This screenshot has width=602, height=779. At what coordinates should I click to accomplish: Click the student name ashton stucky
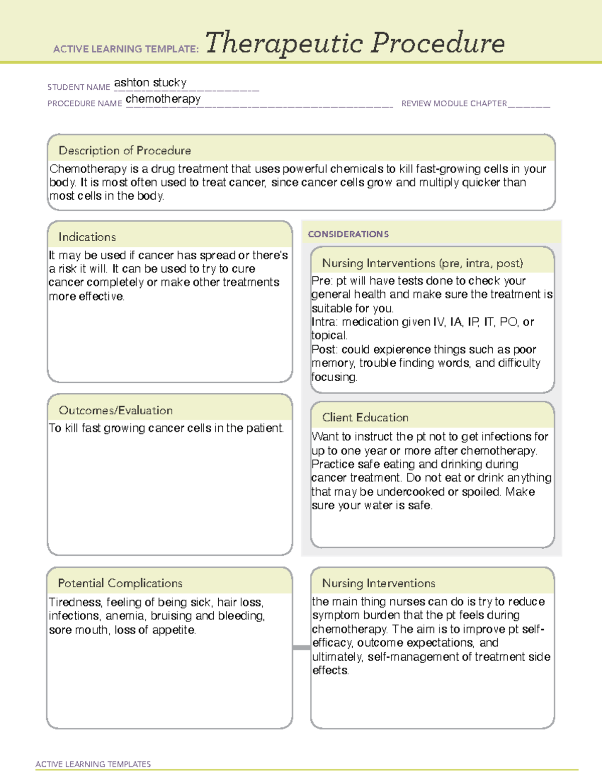click(150, 83)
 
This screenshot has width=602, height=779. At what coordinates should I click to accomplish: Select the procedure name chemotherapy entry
click(163, 99)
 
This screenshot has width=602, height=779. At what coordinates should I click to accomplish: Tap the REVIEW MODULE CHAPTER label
click(454, 104)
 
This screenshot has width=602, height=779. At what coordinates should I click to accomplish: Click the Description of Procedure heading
click(124, 150)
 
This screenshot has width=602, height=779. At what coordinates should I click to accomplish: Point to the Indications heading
click(87, 237)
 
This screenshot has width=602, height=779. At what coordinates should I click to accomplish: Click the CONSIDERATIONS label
click(348, 234)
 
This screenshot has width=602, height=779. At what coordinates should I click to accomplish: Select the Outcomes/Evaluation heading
click(115, 410)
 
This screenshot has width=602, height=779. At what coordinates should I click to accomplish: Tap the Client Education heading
click(365, 417)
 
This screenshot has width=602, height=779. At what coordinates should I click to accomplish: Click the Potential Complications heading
click(120, 583)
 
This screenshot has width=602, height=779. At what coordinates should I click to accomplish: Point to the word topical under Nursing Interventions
click(329, 336)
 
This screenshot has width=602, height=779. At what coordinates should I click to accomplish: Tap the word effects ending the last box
click(330, 671)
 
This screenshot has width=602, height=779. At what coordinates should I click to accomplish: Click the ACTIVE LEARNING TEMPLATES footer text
click(93, 764)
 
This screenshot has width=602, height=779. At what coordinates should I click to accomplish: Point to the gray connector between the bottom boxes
click(301, 648)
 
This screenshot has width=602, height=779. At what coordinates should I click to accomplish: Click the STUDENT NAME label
click(78, 87)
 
